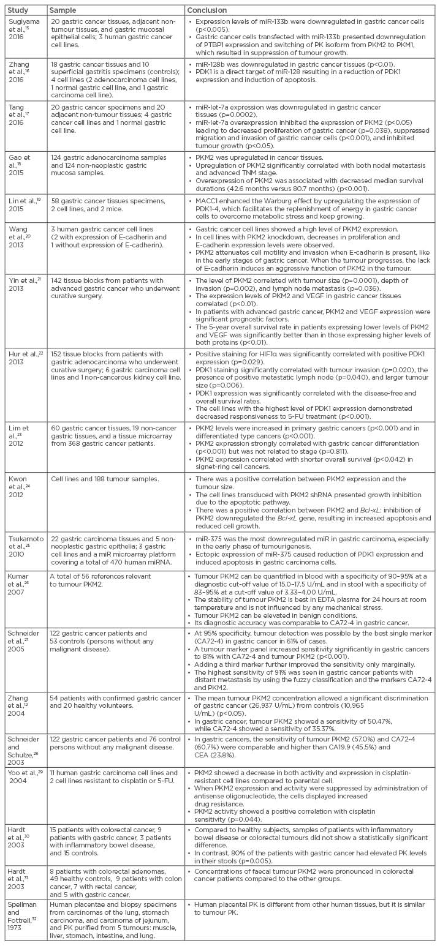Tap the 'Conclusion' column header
[x=207, y=10]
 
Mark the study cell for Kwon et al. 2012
[x=24, y=484]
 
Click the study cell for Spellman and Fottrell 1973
[x=24, y=915]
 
